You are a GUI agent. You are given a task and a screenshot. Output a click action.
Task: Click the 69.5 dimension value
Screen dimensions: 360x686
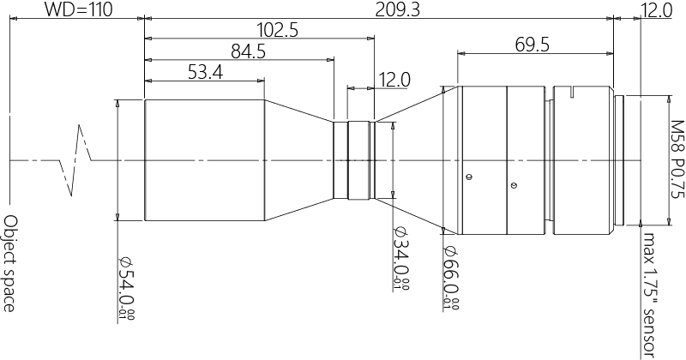click(533, 45)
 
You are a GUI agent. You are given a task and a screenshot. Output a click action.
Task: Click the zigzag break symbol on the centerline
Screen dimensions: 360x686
click(79, 160)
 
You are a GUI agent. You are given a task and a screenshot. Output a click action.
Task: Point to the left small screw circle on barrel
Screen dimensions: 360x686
click(468, 177)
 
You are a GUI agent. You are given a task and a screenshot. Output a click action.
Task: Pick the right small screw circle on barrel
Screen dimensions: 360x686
click(513, 183)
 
